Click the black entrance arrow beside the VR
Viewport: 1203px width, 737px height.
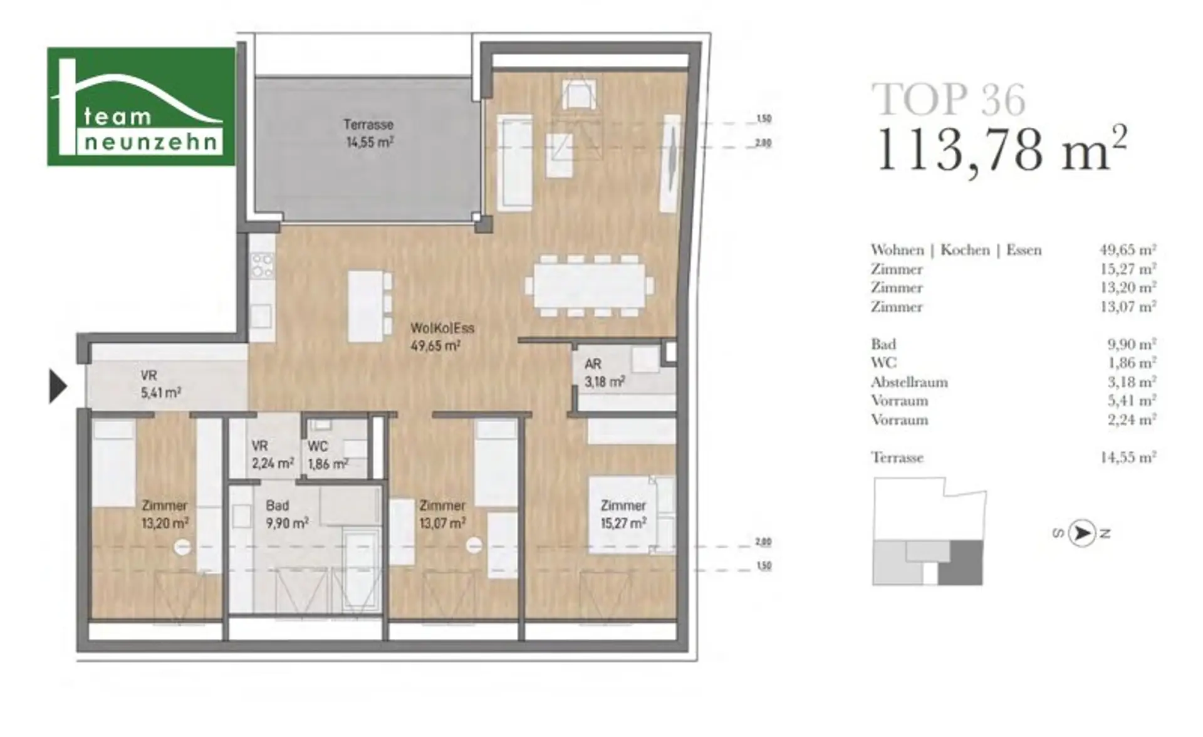pyautogui.click(x=58, y=386)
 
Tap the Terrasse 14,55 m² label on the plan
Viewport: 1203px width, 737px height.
pyautogui.click(x=370, y=133)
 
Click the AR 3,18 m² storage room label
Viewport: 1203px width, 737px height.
pyautogui.click(x=604, y=373)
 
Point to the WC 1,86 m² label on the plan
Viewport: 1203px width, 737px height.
pyautogui.click(x=328, y=455)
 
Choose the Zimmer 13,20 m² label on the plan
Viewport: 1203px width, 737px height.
pyautogui.click(x=165, y=514)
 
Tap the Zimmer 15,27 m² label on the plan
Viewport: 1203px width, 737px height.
pyautogui.click(x=623, y=514)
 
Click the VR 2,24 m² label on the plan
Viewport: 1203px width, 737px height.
pyautogui.click(x=273, y=455)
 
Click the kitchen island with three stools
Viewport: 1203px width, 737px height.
pyautogui.click(x=370, y=306)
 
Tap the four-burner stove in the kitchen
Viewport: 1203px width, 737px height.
pyautogui.click(x=263, y=265)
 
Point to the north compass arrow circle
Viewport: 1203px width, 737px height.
pyautogui.click(x=1081, y=533)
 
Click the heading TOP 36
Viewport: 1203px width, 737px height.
pyautogui.click(x=949, y=99)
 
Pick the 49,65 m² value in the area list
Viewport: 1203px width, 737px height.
pyautogui.click(x=1128, y=249)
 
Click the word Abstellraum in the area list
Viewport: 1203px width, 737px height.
pyautogui.click(x=909, y=382)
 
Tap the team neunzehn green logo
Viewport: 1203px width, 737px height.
pyautogui.click(x=141, y=107)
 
